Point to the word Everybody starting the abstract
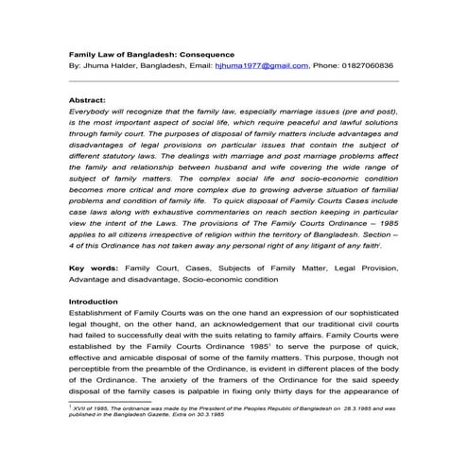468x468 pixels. click(93, 112)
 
